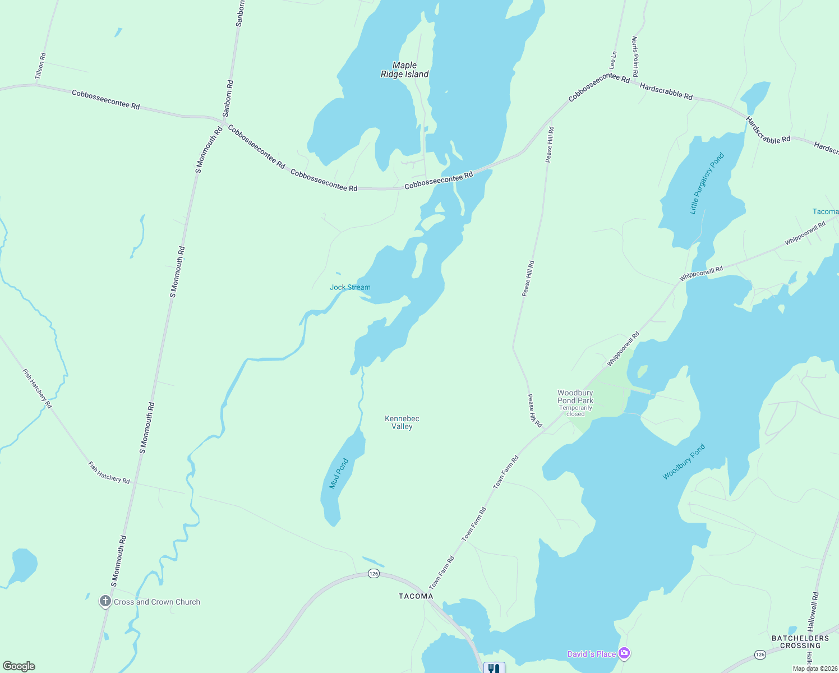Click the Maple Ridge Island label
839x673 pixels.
coord(404,70)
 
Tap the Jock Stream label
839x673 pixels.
coord(350,287)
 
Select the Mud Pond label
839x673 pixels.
coord(339,473)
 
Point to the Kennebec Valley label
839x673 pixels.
coord(402,422)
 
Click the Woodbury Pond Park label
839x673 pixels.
coord(575,397)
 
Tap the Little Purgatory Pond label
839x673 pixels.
coord(707,183)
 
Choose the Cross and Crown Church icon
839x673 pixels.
coord(105,602)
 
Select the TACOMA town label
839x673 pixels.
coord(416,596)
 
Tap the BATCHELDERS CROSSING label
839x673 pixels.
coord(800,642)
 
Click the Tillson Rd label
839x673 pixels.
coord(40,66)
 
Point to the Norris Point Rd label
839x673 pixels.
coord(635,57)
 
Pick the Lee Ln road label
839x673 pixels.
coord(613,60)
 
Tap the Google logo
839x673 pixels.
coord(19,666)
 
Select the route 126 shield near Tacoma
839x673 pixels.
coord(374,573)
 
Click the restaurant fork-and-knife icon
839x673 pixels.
coord(494,668)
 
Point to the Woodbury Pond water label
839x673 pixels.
coord(684,462)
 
